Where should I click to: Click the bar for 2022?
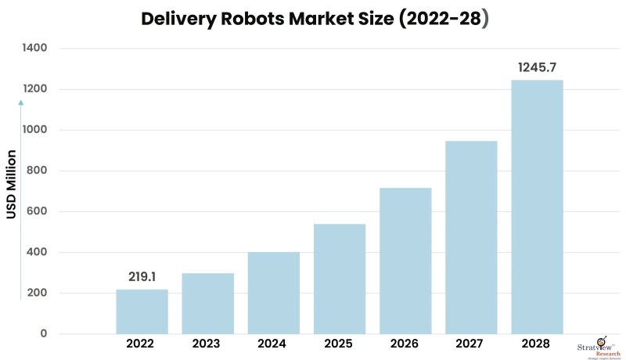[x=142, y=311]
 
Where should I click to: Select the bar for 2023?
[x=207, y=304]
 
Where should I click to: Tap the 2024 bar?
[x=274, y=293]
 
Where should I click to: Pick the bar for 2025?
[x=340, y=279]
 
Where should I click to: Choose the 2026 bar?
[x=405, y=261]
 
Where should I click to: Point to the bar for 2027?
[x=471, y=237]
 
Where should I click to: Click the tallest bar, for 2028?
[x=537, y=207]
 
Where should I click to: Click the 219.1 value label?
[x=142, y=276]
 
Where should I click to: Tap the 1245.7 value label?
[x=537, y=68]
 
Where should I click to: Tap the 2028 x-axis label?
[x=537, y=344]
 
